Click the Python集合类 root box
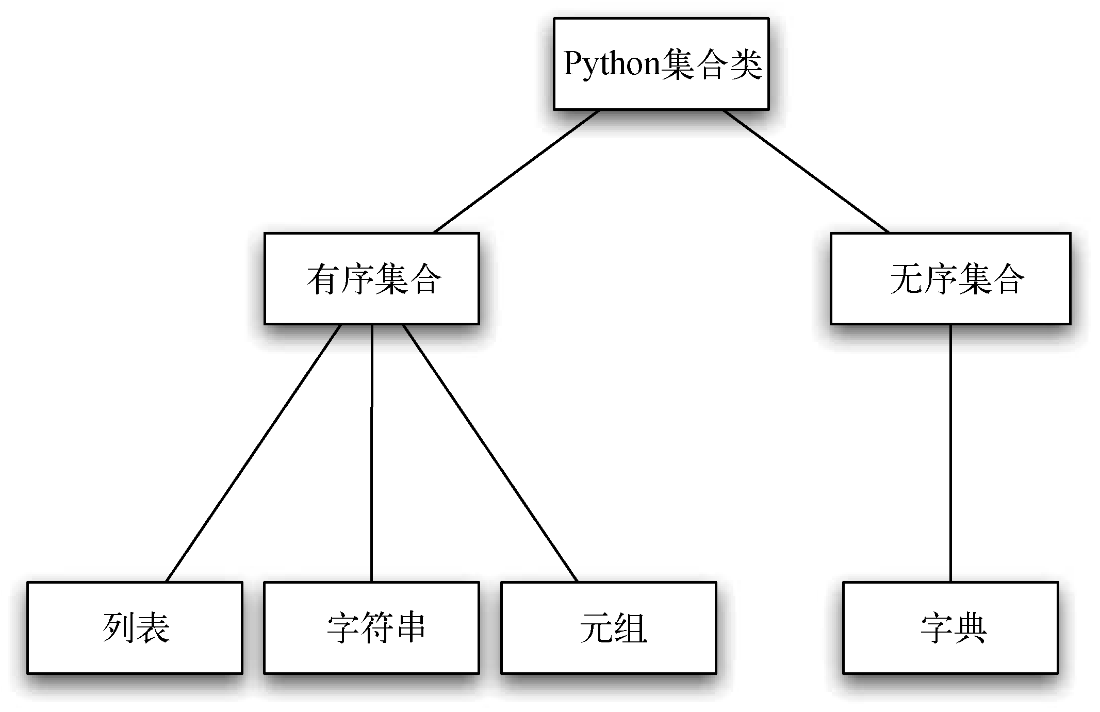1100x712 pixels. pyautogui.click(x=661, y=63)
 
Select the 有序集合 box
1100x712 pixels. pyautogui.click(x=371, y=278)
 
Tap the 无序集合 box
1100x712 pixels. pyautogui.click(x=950, y=278)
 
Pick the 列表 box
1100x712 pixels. pyautogui.click(x=135, y=627)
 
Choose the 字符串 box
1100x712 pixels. pyautogui.click(x=371, y=627)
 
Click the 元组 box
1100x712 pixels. pyautogui.click(x=609, y=627)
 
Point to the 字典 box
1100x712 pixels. pyautogui.click(x=950, y=627)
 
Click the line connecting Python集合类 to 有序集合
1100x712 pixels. pyautogui.click(x=517, y=171)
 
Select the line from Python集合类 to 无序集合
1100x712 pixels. pyautogui.click(x=806, y=171)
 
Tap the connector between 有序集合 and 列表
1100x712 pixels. pyautogui.click(x=254, y=453)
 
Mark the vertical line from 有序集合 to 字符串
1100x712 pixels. pyautogui.click(x=372, y=453)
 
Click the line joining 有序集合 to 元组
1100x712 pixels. pyautogui.click(x=490, y=453)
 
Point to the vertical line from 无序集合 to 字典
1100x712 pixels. pyautogui.click(x=950, y=453)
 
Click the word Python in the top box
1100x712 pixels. pyautogui.click(x=612, y=64)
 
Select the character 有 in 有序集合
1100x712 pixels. pyautogui.click(x=323, y=279)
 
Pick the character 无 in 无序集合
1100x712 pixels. pyautogui.click(x=906, y=279)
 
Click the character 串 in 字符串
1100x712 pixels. pyautogui.click(x=409, y=628)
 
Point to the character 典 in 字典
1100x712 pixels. pyautogui.click(x=969, y=628)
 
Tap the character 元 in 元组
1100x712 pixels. pyautogui.click(x=596, y=628)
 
